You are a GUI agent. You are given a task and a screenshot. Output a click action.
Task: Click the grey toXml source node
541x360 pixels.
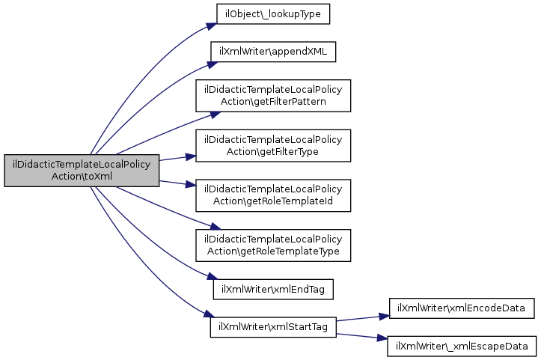(x=82, y=171)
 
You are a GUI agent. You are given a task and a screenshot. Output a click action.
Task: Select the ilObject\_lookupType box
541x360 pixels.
(x=273, y=14)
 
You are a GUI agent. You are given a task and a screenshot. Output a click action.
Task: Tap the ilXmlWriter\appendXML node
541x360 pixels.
(x=273, y=52)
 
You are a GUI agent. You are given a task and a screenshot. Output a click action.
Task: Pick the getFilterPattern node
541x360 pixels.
(x=273, y=96)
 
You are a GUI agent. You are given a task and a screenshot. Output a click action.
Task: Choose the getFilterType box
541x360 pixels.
(x=273, y=146)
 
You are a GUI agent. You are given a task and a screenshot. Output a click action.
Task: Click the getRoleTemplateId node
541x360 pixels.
(x=273, y=195)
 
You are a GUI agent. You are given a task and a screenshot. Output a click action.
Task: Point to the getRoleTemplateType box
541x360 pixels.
(x=273, y=245)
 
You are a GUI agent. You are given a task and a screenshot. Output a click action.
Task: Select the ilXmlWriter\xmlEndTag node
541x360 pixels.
(x=273, y=289)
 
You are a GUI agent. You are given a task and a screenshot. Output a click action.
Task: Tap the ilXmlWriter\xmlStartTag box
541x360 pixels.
(x=273, y=327)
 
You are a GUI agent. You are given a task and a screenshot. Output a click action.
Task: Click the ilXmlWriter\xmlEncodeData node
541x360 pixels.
(x=462, y=308)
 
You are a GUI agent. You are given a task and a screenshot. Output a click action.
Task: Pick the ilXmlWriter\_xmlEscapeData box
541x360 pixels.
(x=462, y=347)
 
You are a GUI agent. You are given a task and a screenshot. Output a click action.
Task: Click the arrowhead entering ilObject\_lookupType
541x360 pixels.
(x=211, y=26)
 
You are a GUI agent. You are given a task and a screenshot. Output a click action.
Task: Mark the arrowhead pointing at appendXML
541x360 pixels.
(x=213, y=64)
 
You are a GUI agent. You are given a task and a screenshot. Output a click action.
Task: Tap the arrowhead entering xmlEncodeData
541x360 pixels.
(x=384, y=317)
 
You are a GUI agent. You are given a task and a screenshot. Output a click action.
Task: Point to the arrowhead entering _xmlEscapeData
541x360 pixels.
(x=382, y=338)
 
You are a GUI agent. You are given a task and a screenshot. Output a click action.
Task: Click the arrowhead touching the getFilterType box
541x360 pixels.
(x=191, y=157)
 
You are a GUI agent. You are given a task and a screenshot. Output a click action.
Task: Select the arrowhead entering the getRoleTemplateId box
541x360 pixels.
(x=191, y=184)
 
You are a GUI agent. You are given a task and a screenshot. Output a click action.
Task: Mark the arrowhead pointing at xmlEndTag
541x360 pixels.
(x=213, y=277)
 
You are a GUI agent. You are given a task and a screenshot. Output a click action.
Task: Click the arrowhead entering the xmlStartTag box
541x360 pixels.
(x=209, y=314)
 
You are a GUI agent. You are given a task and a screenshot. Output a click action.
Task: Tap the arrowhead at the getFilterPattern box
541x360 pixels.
(x=216, y=115)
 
